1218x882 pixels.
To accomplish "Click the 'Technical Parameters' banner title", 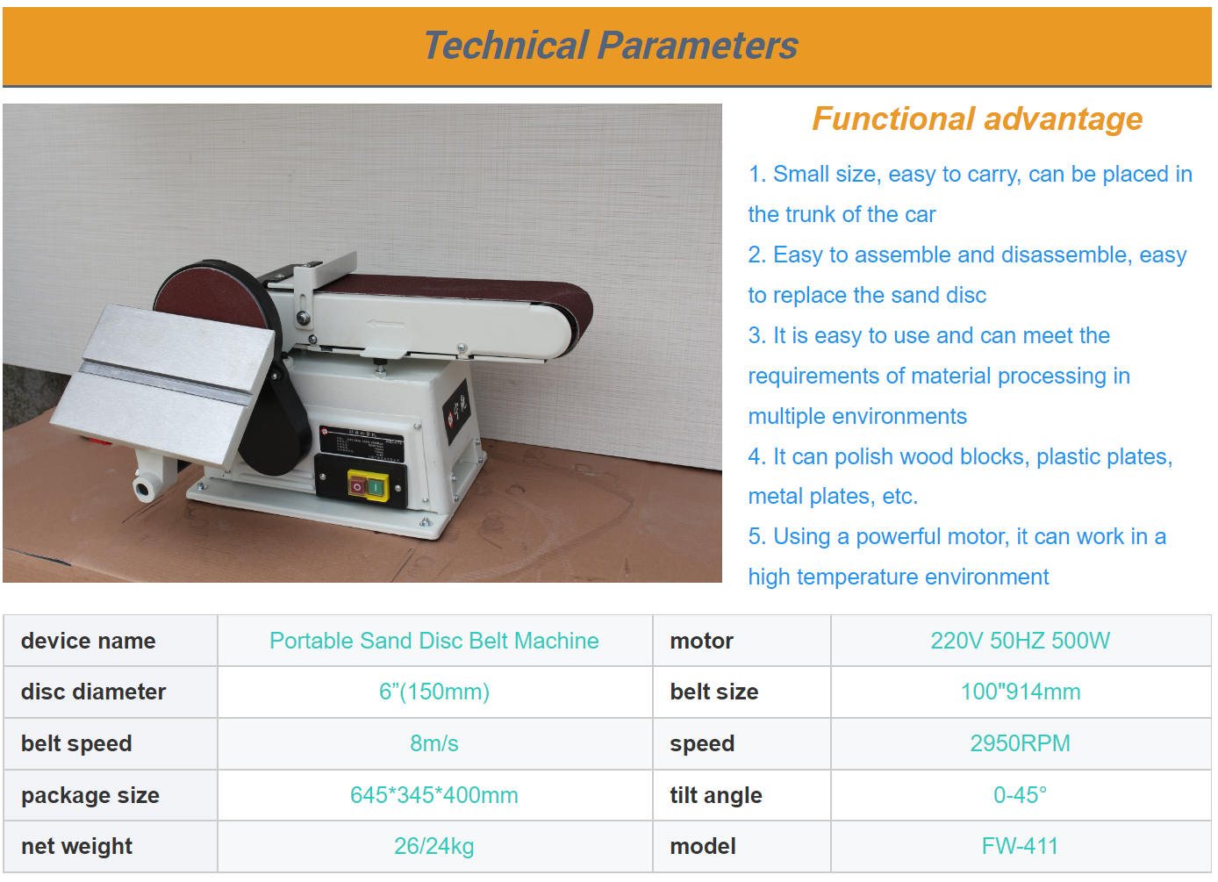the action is pyautogui.click(x=611, y=45).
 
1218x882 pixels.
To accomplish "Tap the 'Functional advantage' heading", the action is pyautogui.click(x=977, y=119).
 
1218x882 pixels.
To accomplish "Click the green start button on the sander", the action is pyautogui.click(x=376, y=487).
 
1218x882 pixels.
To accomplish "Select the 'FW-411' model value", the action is pyautogui.click(x=1020, y=846).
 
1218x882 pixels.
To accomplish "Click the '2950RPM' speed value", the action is pyautogui.click(x=1020, y=743).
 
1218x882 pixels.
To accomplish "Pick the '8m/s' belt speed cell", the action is pyautogui.click(x=433, y=743).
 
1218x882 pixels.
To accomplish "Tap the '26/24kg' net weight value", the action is pyautogui.click(x=433, y=846).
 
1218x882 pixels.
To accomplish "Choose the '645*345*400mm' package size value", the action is pyautogui.click(x=433, y=795).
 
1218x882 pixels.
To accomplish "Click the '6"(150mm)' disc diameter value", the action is pyautogui.click(x=433, y=692).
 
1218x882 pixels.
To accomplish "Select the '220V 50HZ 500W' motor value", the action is pyautogui.click(x=1020, y=641).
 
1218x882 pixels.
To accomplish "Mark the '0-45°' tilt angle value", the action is pyautogui.click(x=1020, y=795).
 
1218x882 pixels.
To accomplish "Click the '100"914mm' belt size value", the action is pyautogui.click(x=1020, y=692).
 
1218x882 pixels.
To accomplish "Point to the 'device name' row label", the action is pyautogui.click(x=88, y=641).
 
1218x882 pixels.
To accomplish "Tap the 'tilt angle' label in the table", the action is pyautogui.click(x=715, y=795).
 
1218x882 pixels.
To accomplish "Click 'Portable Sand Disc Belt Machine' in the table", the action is pyautogui.click(x=433, y=641).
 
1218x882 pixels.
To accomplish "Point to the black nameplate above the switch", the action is pyautogui.click(x=361, y=442).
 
